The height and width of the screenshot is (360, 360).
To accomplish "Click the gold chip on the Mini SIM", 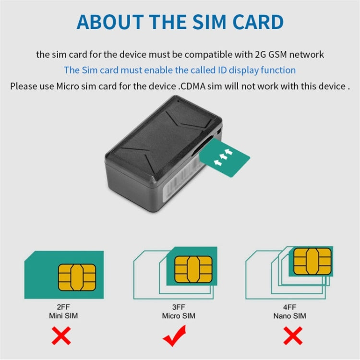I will (x=73, y=277).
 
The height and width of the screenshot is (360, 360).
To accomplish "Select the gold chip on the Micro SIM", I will (x=192, y=268).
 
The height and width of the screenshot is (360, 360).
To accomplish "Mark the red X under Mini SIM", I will (x=61, y=336).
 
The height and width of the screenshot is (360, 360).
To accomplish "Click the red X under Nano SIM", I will (x=292, y=336).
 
